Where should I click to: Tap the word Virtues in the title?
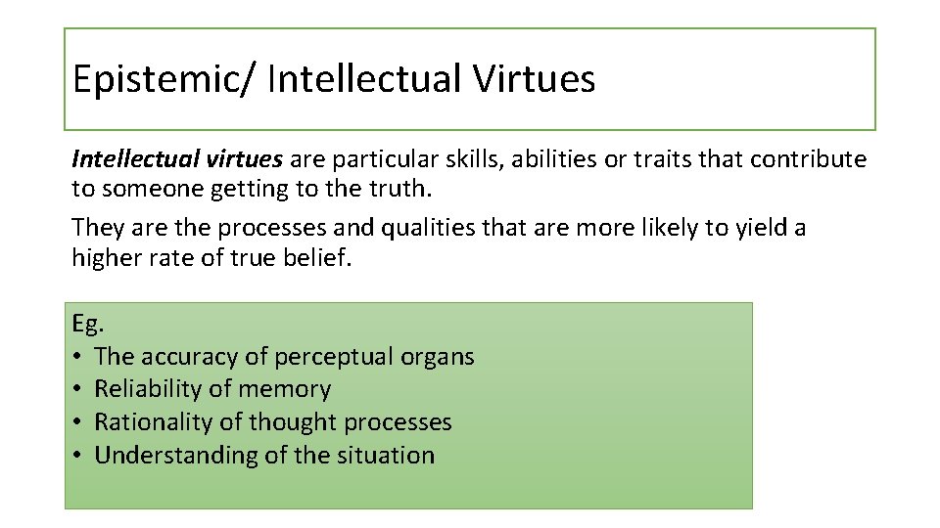pyautogui.click(x=534, y=79)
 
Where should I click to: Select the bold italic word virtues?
pyautogui.click(x=244, y=159)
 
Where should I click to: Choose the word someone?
pyautogui.click(x=149, y=188)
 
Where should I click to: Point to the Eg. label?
pyautogui.click(x=86, y=324)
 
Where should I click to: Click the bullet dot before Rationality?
pyautogui.click(x=77, y=422)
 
